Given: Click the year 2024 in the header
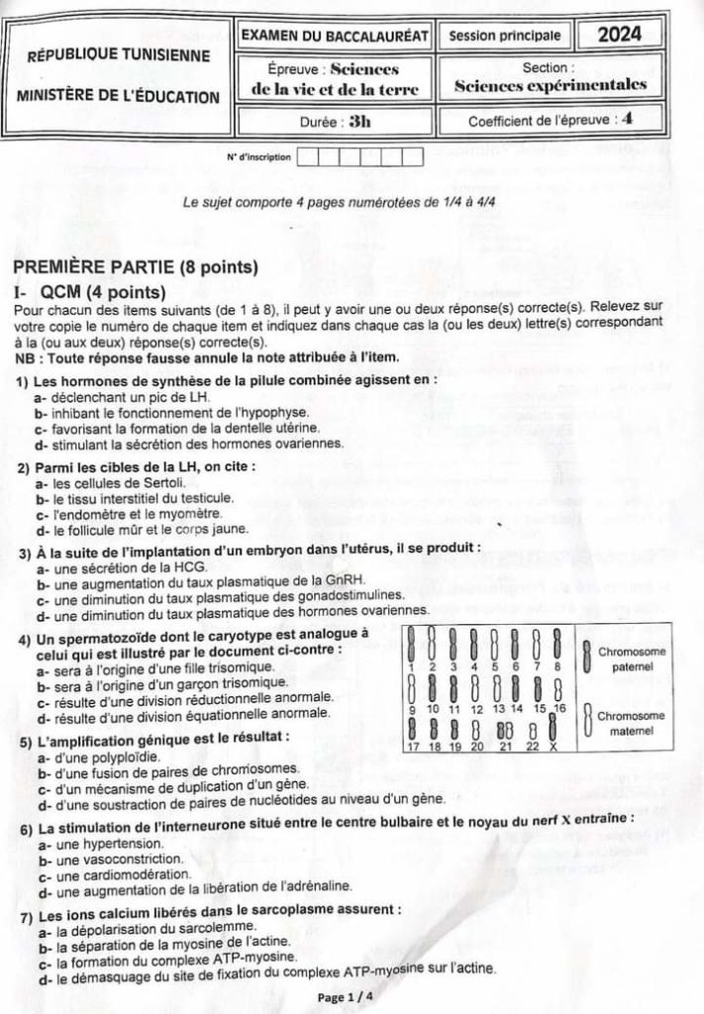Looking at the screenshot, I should coord(619,34).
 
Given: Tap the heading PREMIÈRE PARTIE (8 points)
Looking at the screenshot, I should coord(136,267).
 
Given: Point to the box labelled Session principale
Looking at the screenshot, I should coord(504,36).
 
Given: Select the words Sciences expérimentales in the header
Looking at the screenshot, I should coord(550,85).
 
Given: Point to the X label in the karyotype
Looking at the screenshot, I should coord(553,747).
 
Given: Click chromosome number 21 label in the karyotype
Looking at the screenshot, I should coord(505,747).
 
